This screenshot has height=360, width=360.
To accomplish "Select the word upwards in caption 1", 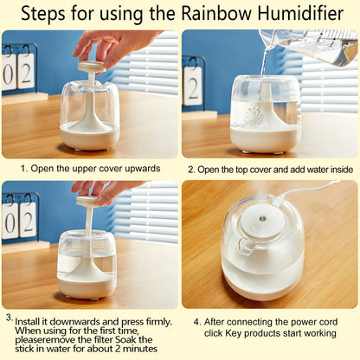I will coord(140,169).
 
